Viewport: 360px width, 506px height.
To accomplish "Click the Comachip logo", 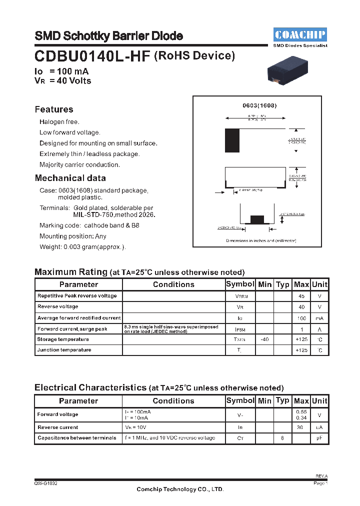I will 300,34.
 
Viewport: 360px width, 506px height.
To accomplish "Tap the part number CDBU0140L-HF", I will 92,56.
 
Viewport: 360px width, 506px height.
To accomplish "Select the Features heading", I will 54,109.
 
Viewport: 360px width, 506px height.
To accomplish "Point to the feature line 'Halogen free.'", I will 59,121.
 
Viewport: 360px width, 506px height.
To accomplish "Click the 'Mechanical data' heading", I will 70,178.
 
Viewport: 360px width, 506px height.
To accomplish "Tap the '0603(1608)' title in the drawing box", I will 259,106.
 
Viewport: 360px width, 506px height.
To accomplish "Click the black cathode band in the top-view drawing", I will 232,140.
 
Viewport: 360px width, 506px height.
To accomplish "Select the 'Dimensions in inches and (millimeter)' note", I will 260,240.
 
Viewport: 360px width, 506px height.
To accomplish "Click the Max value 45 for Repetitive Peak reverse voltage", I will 301,296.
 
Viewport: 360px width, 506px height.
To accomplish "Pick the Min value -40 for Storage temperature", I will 264,339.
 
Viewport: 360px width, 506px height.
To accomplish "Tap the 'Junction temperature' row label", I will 64,350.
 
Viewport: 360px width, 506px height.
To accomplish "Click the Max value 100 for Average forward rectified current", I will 301,318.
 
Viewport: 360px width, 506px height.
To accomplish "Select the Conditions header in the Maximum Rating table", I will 173,284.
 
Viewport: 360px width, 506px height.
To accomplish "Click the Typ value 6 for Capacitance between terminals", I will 282,438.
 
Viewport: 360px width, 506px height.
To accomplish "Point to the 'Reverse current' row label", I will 58,427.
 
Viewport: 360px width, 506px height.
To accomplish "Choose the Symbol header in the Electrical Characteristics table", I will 240,400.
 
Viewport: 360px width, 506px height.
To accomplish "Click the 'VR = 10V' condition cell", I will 136,427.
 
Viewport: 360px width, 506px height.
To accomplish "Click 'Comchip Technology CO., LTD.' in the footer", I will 180,489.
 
